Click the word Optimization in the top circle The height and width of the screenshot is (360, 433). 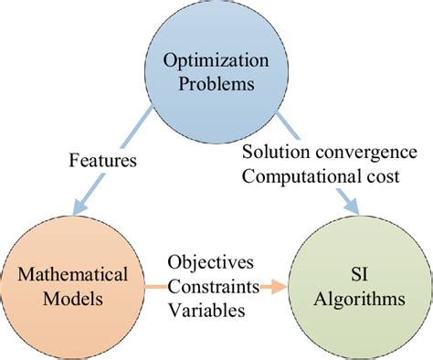coord(217,61)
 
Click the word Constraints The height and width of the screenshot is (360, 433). coord(213,286)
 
